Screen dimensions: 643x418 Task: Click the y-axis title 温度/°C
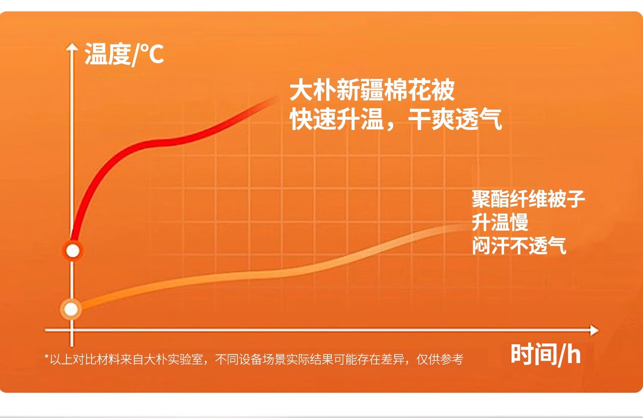click(124, 55)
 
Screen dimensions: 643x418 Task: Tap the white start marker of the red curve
click(72, 251)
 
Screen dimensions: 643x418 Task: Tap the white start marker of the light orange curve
click(71, 309)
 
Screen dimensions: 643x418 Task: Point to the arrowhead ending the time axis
click(594, 330)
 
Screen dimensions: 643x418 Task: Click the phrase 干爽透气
click(455, 119)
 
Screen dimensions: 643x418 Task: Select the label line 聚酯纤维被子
click(528, 199)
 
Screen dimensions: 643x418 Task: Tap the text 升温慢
click(500, 222)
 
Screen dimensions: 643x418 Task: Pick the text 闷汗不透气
click(519, 245)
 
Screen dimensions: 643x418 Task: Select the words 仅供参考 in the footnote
click(440, 359)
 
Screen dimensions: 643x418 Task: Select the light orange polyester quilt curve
click(273, 273)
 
